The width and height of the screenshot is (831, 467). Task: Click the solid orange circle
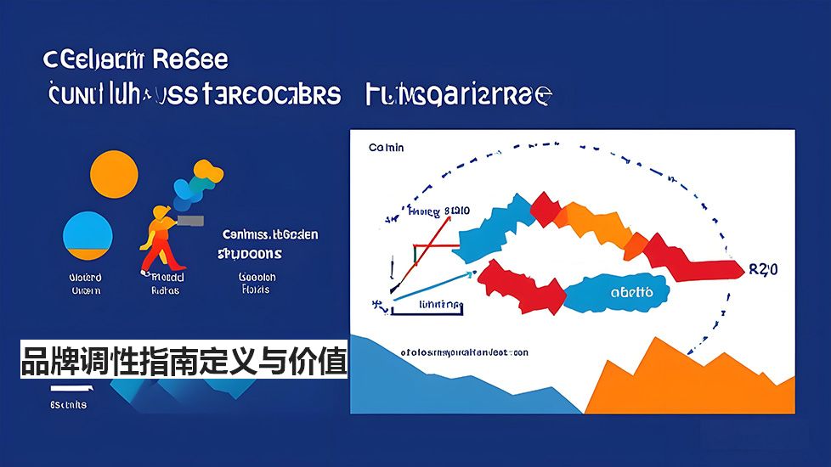(113, 174)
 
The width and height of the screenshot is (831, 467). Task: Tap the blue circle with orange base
(88, 235)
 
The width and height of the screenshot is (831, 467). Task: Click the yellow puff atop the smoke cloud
(212, 174)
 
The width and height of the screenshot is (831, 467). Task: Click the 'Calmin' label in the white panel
(387, 148)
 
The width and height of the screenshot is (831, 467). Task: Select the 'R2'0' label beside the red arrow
(763, 270)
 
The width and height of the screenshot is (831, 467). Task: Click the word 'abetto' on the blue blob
(632, 292)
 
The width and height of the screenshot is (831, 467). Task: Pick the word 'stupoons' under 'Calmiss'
(250, 254)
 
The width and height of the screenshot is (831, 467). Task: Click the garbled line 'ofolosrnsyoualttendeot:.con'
(464, 352)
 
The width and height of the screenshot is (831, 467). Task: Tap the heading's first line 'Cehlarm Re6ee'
(135, 61)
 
